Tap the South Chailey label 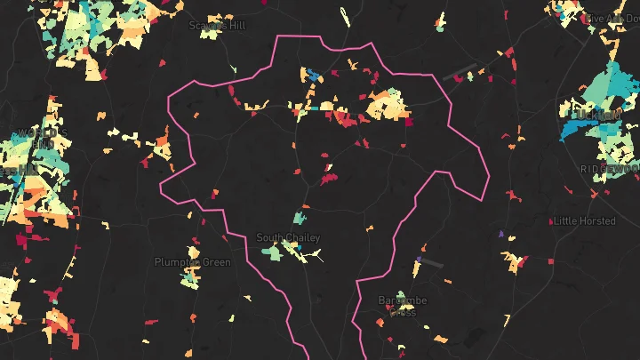tap(288, 237)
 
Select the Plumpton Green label tap(192, 262)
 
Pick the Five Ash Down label tap(614, 19)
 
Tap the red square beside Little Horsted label tap(555, 221)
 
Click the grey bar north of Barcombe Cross tap(430, 263)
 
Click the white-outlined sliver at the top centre tap(344, 17)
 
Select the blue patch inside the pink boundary tap(313, 75)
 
